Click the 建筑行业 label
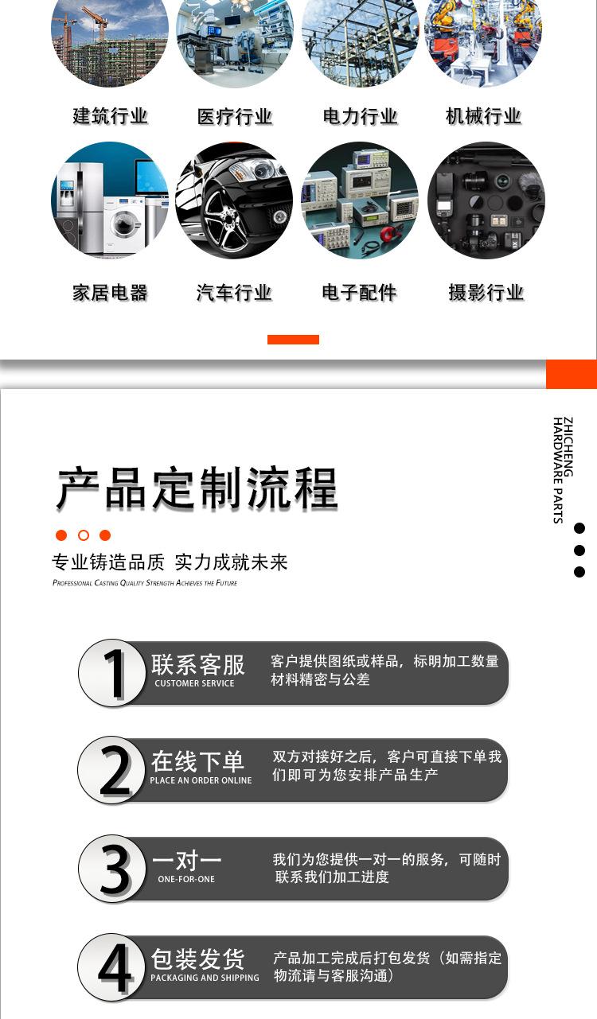click(x=110, y=116)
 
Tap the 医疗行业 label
click(x=235, y=117)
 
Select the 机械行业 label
click(x=483, y=116)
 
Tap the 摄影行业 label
click(x=486, y=293)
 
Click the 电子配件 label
click(x=359, y=293)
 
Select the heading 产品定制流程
click(x=197, y=488)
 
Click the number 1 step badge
click(x=113, y=673)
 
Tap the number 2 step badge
click(x=113, y=770)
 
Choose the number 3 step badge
click(x=113, y=869)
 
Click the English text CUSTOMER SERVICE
click(x=194, y=683)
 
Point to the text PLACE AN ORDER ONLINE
click(x=201, y=780)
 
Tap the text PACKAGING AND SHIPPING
click(x=205, y=978)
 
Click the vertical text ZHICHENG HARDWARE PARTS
click(x=563, y=469)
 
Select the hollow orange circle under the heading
click(x=84, y=535)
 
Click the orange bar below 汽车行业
click(x=293, y=340)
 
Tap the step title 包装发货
click(x=198, y=959)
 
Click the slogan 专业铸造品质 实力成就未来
click(x=170, y=562)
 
